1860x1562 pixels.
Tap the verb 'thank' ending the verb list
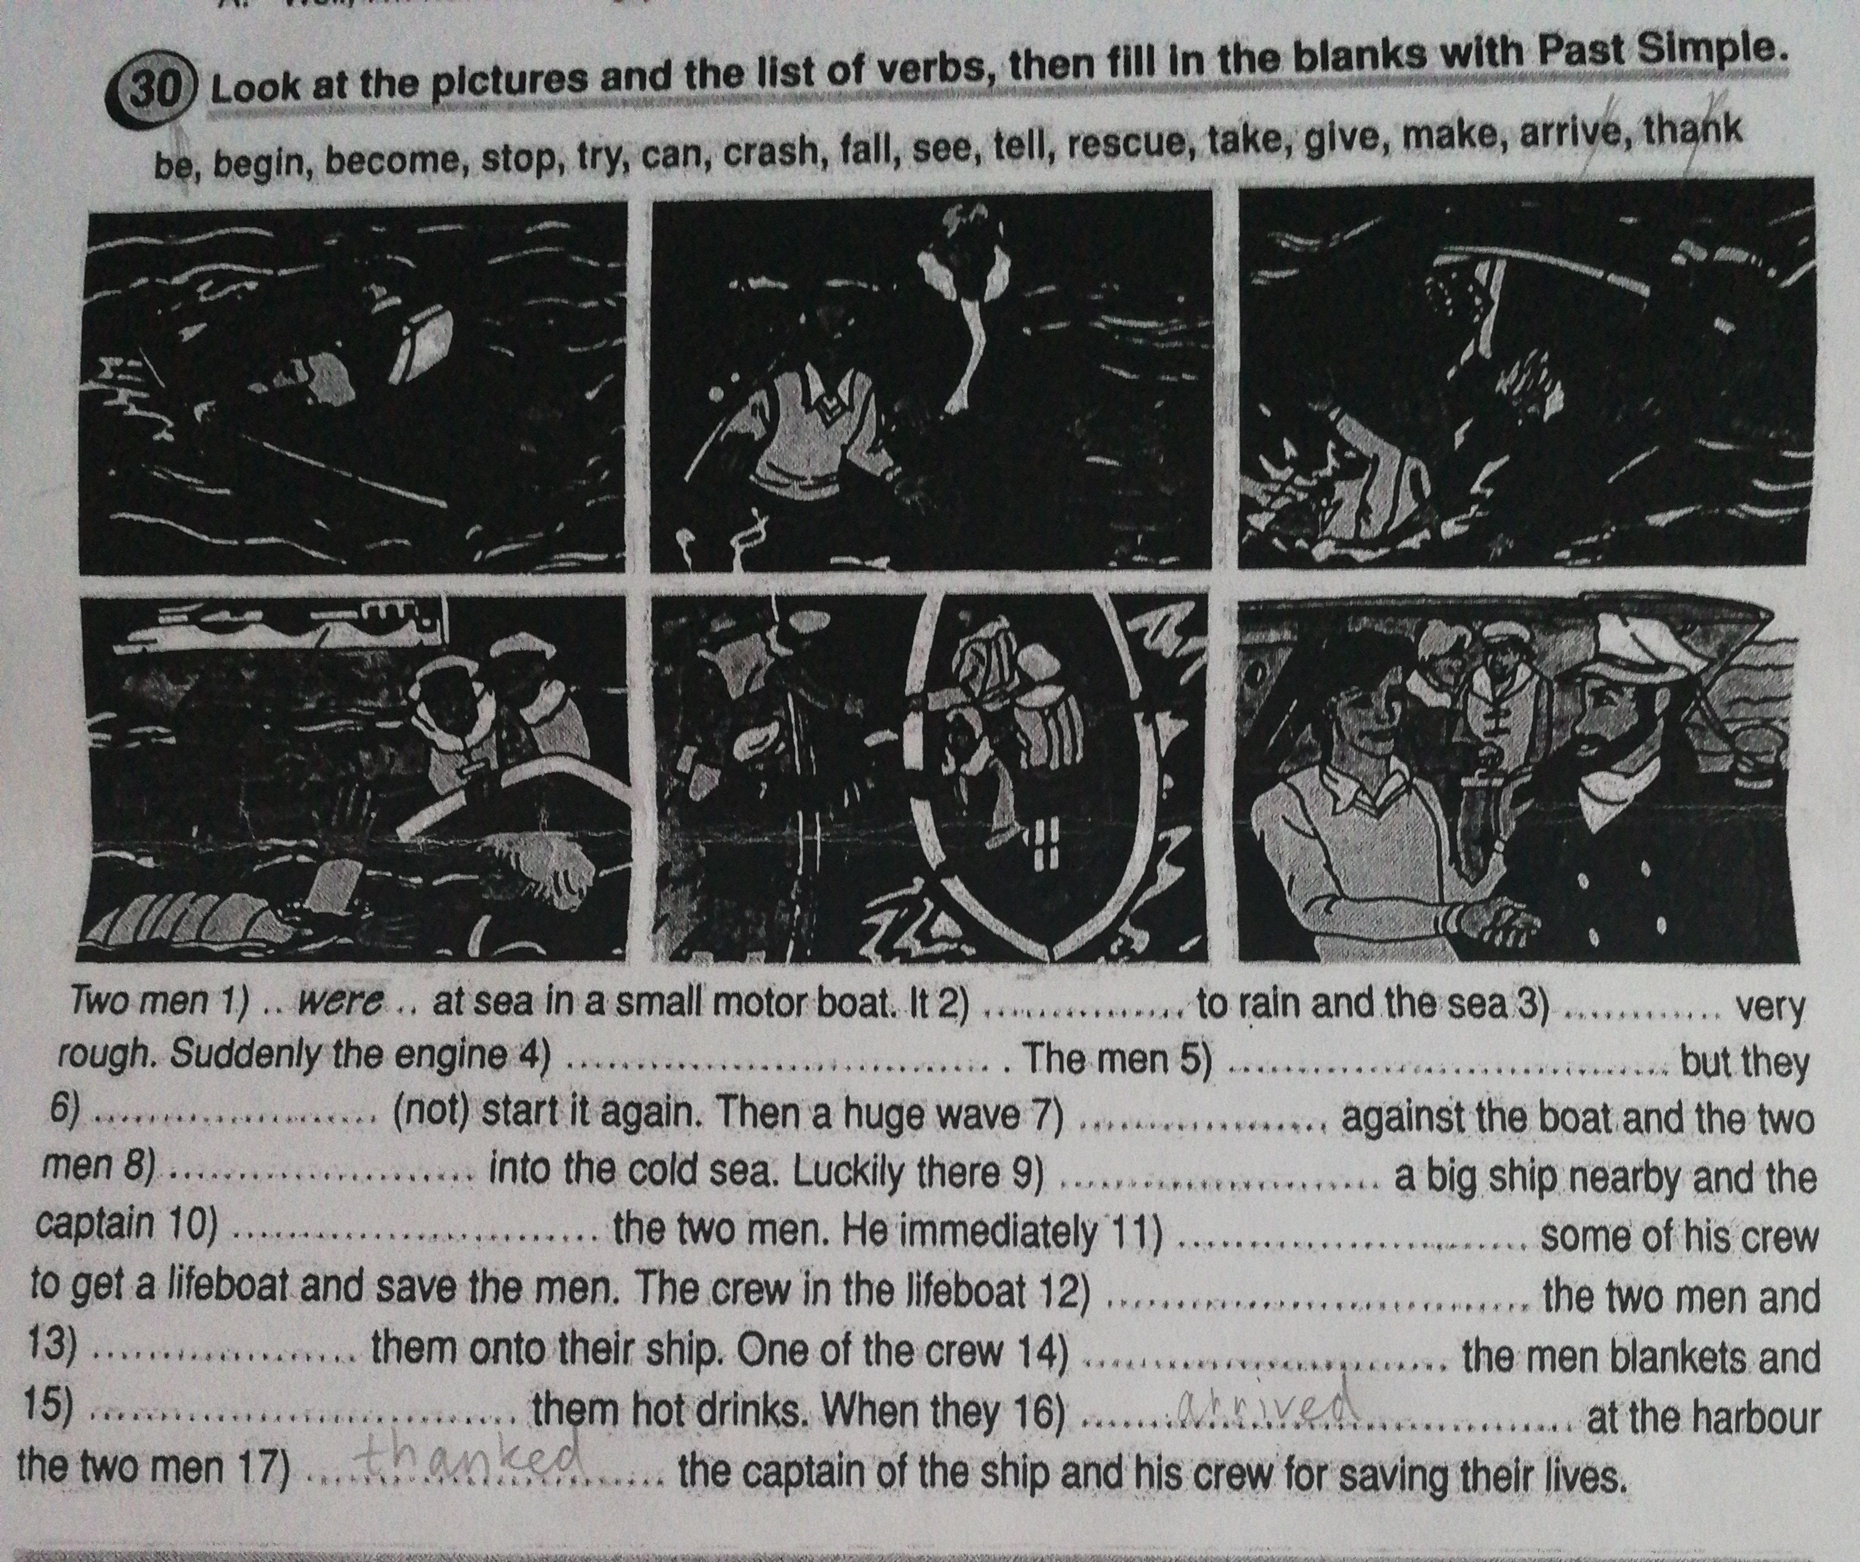tap(1692, 134)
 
